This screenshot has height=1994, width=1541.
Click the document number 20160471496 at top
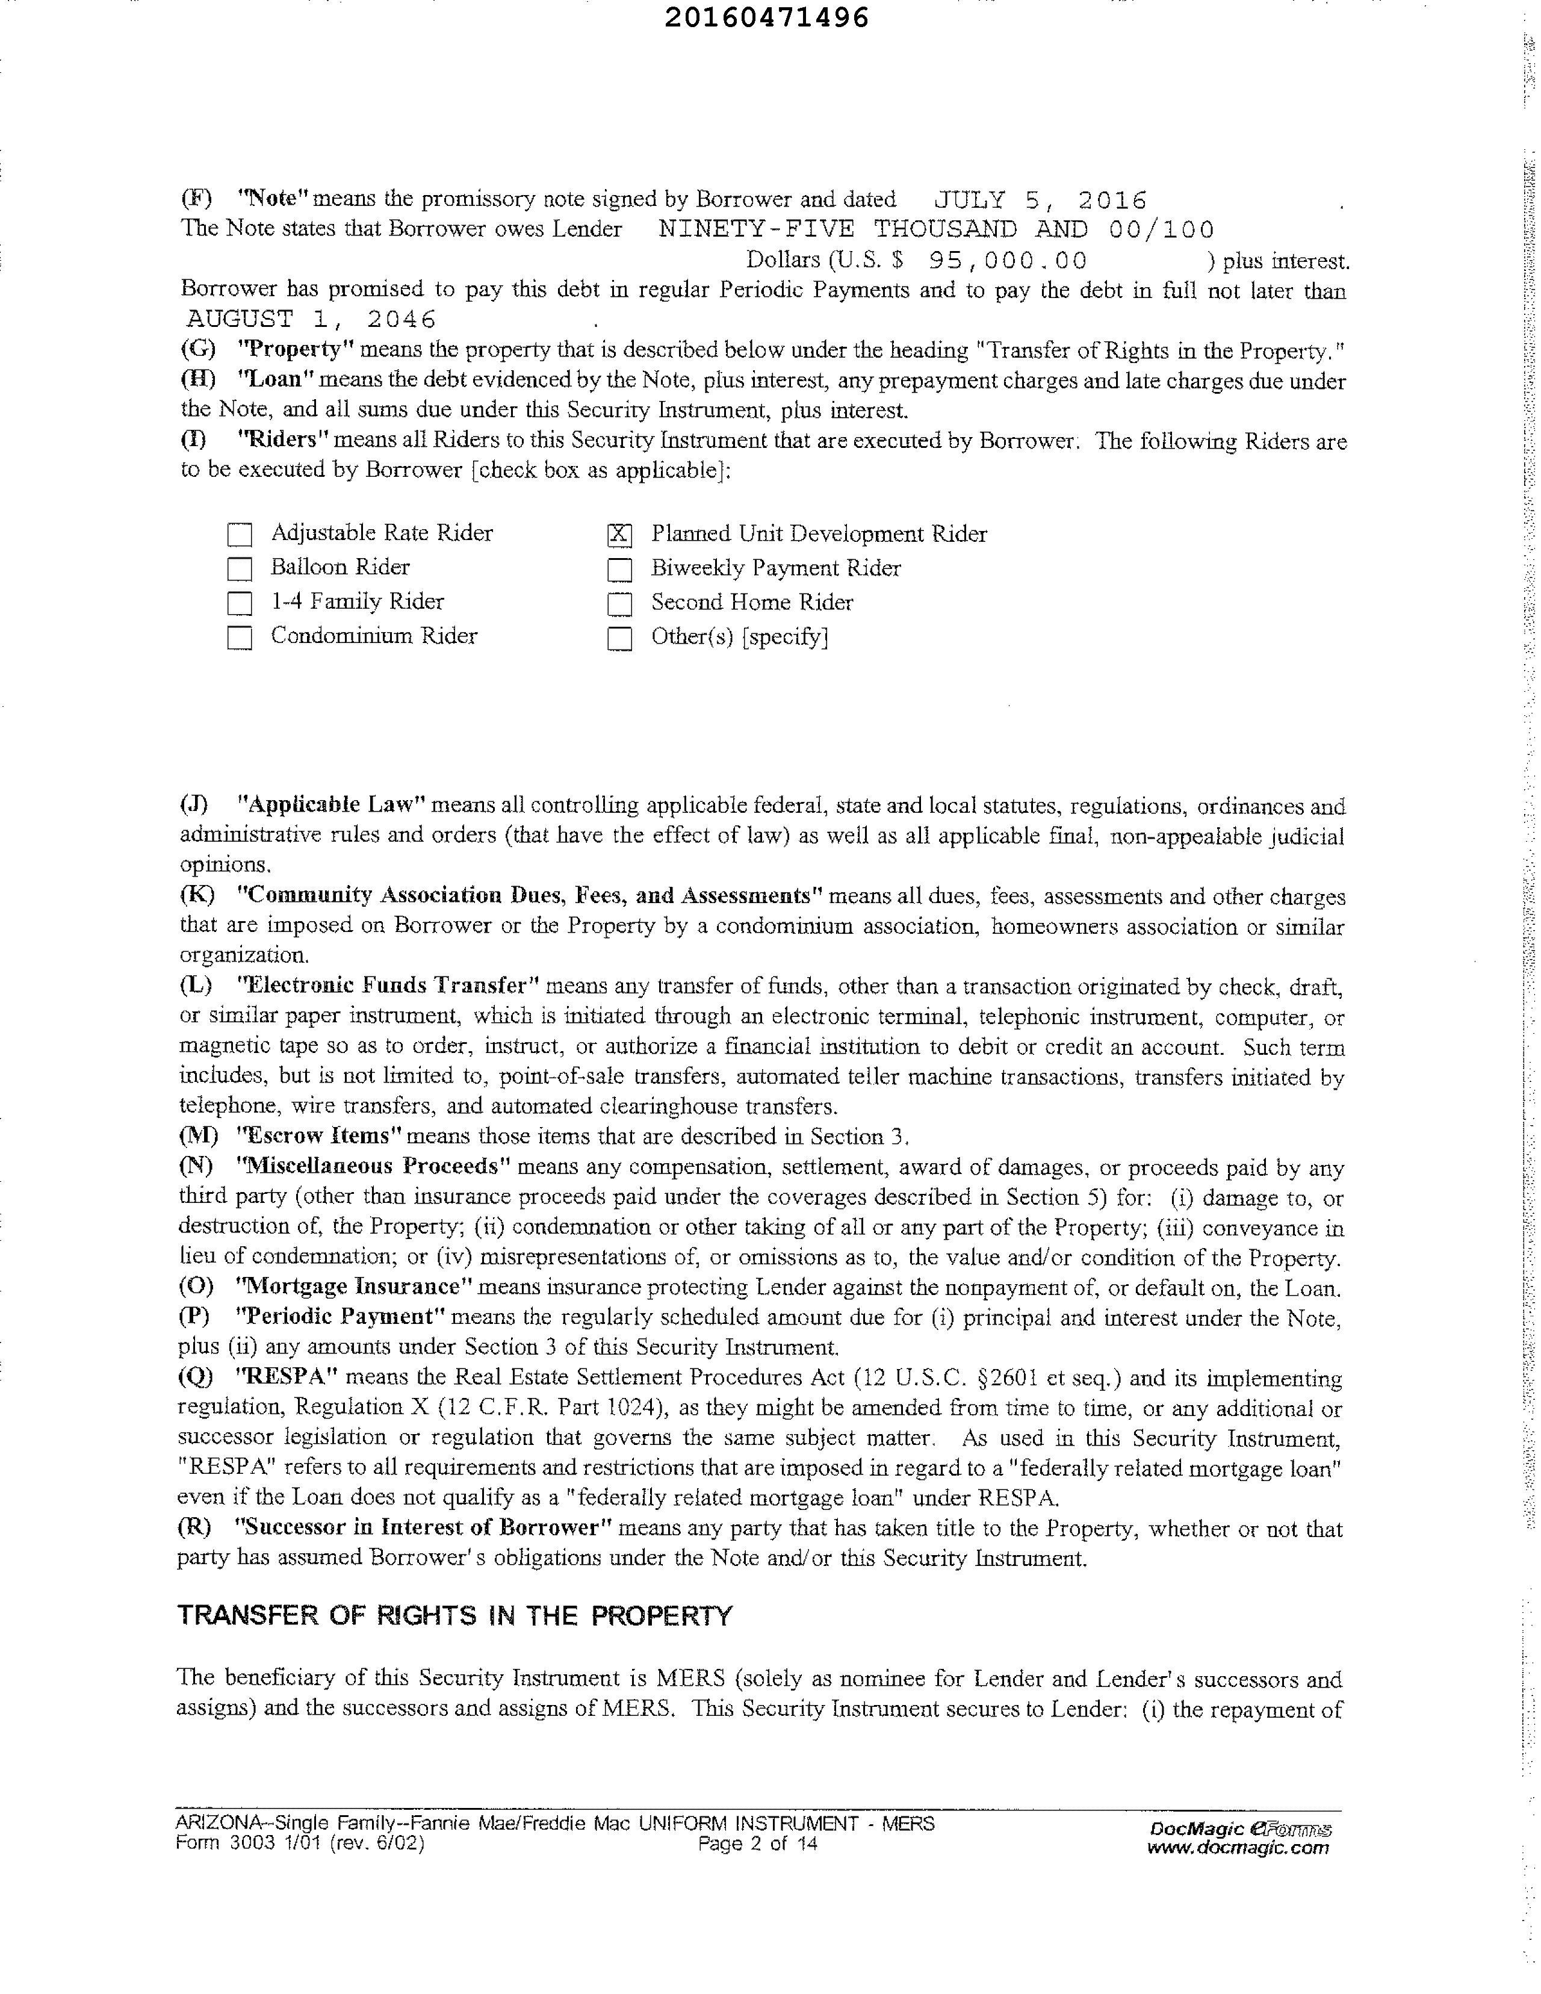tap(766, 18)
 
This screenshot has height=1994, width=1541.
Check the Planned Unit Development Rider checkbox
tap(619, 535)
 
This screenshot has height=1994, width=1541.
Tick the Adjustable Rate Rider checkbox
tap(239, 534)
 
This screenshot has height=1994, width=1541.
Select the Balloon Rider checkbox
tap(239, 569)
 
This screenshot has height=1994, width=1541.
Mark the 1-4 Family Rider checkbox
tap(239, 603)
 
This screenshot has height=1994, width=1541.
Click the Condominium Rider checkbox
tap(239, 638)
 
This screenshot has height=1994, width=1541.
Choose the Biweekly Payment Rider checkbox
tap(619, 570)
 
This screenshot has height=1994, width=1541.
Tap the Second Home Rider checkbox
tap(619, 603)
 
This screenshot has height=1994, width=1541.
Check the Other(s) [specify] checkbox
tap(619, 638)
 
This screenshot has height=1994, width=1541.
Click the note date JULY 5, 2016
tap(1041, 200)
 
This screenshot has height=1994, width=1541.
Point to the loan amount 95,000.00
tap(1008, 261)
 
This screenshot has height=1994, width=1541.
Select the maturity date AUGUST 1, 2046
tap(311, 318)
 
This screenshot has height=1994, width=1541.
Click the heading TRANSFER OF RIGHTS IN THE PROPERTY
tap(454, 1615)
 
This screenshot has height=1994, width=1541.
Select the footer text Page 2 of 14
tap(757, 1843)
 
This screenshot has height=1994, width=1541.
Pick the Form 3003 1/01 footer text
tap(299, 1843)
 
